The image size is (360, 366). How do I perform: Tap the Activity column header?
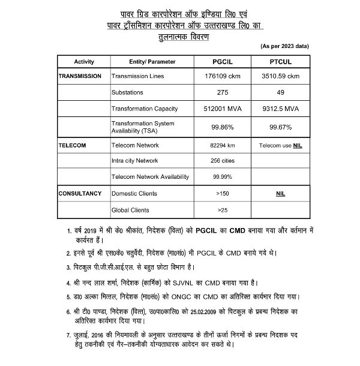point(84,62)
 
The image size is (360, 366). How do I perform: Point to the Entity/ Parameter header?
point(152,62)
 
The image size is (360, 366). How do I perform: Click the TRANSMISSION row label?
point(82,77)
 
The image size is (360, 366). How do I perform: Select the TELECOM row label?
point(73,145)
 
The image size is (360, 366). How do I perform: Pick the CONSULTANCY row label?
point(82,194)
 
